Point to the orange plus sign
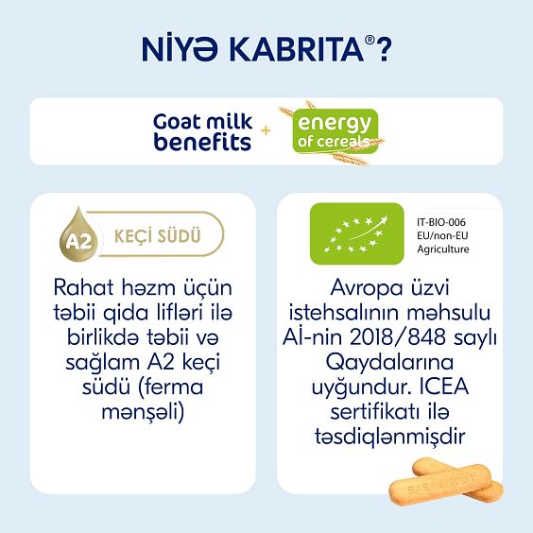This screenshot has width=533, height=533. pos(266,132)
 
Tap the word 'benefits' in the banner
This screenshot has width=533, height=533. pos(202,142)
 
